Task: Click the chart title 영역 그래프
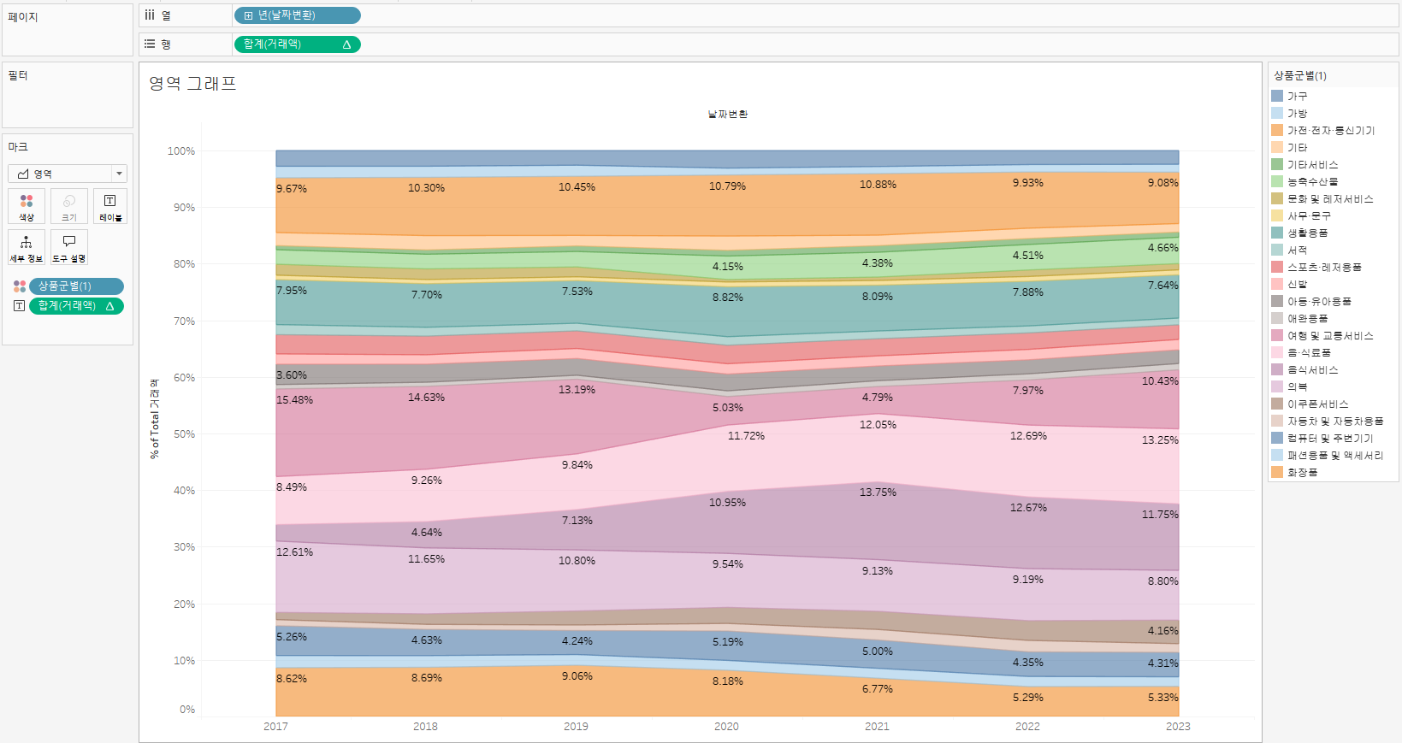(x=192, y=83)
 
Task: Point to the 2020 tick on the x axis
(x=726, y=726)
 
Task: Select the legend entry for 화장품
(x=1302, y=472)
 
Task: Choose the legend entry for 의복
(x=1297, y=386)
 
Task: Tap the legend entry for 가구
(x=1297, y=96)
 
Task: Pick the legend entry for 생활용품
(x=1307, y=233)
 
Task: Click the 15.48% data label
(x=294, y=399)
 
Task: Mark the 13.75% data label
(x=878, y=492)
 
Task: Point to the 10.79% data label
(x=727, y=186)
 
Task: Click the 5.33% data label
(x=1162, y=697)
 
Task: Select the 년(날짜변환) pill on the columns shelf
(x=297, y=15)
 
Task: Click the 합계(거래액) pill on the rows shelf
(x=297, y=44)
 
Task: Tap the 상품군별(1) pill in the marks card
(x=76, y=286)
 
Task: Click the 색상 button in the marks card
(x=27, y=207)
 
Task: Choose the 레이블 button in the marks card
(x=110, y=207)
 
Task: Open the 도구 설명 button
(x=69, y=247)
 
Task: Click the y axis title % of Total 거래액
(x=155, y=418)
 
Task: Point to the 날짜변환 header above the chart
(x=727, y=114)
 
